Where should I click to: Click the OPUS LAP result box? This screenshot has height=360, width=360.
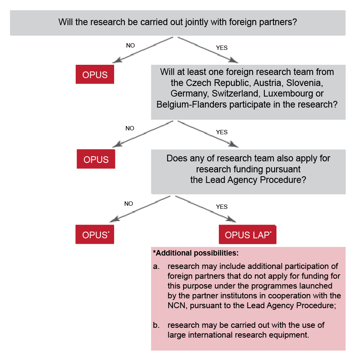tap(247, 234)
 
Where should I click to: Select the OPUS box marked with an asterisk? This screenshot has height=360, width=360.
tap(95, 234)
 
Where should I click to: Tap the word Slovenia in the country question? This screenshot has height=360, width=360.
tap(304, 83)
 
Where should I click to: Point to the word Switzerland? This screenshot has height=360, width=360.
tap(236, 93)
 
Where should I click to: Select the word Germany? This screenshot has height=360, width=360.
tap(190, 93)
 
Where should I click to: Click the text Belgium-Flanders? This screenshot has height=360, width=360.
tap(191, 104)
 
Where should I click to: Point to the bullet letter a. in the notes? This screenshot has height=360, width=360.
tap(156, 266)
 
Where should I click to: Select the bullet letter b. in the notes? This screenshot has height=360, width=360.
tap(156, 325)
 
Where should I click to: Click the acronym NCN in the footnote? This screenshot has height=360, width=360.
tap(176, 305)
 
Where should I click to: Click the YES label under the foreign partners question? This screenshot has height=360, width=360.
tap(222, 48)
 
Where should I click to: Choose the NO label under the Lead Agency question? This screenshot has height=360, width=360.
tap(129, 204)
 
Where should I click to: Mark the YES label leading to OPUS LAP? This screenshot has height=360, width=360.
tap(222, 207)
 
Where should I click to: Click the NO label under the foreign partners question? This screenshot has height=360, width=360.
tap(131, 46)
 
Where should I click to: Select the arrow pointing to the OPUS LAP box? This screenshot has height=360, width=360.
tap(205, 209)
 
